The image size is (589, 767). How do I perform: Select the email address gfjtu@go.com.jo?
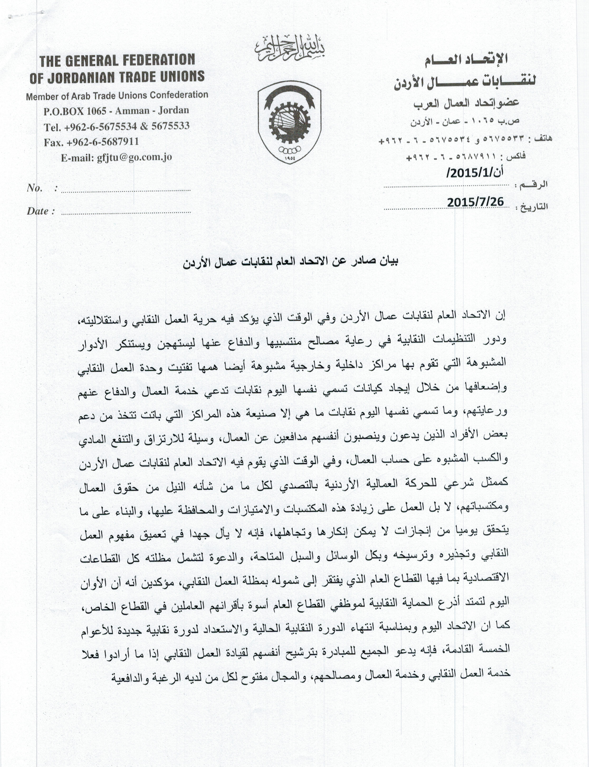coord(134,157)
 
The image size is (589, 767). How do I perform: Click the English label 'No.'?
coord(35,188)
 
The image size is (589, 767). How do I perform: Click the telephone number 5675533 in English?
coord(170,126)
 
